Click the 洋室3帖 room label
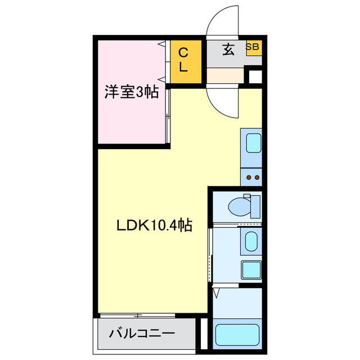click(130, 92)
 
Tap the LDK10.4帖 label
click(154, 226)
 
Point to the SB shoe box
click(253, 47)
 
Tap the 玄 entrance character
click(227, 49)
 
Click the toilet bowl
click(241, 207)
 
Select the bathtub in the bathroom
click(236, 335)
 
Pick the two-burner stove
click(251, 178)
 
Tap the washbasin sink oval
click(251, 242)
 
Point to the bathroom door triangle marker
click(217, 293)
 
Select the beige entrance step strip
click(224, 75)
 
